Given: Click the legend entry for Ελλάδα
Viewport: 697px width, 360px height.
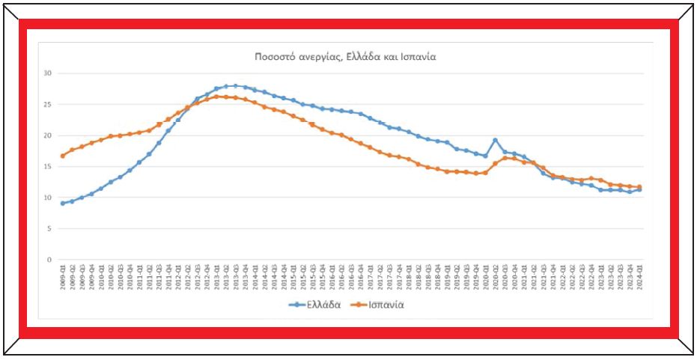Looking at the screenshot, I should point(319,305).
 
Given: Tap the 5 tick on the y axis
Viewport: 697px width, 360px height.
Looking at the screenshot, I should point(49,229).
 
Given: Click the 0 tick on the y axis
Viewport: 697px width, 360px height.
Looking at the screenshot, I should point(49,260).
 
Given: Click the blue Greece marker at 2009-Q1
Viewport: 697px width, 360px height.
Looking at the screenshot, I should point(63,203).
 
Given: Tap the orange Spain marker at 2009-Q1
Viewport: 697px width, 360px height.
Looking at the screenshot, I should point(63,156).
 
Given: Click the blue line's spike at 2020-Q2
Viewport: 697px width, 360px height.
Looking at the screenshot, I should point(495,140).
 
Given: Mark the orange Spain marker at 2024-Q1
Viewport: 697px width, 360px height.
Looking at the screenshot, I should point(639,187).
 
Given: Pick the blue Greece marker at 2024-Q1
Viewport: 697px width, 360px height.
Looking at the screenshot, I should point(639,190).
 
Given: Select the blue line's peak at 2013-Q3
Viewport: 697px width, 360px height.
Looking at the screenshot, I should point(236,86).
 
